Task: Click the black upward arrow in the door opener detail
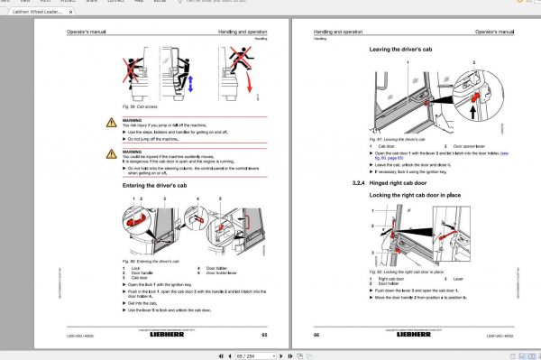pos(476,111)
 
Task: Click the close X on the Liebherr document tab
pos(78,14)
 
